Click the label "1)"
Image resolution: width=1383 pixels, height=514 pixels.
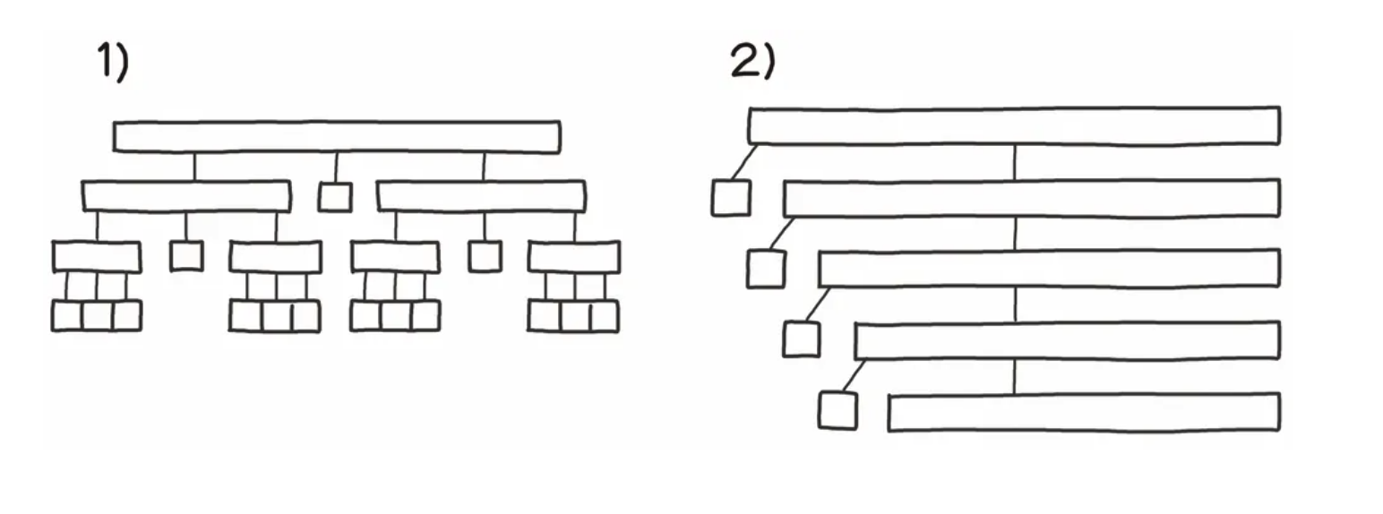point(113,64)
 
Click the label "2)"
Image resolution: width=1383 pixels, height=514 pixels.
point(752,62)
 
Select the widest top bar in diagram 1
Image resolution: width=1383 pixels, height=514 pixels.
point(337,137)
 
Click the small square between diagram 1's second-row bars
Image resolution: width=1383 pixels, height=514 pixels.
point(335,197)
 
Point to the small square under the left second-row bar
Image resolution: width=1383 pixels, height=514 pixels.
point(186,256)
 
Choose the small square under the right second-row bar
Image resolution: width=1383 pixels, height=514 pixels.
point(485,256)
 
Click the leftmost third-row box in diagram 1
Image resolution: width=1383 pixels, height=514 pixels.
point(97,257)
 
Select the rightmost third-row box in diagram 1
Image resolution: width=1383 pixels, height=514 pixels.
point(573,257)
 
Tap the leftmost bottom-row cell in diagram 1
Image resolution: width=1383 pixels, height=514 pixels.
point(67,316)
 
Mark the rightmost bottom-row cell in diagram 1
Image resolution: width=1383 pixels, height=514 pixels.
point(603,316)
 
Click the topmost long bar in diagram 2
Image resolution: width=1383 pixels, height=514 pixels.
point(1013,125)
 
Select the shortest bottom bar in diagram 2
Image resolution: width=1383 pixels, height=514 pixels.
point(1084,412)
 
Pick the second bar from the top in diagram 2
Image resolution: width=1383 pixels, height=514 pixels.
point(1031,198)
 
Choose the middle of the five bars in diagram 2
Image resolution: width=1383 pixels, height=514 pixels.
point(1048,269)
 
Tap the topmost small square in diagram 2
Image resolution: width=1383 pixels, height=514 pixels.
point(731,198)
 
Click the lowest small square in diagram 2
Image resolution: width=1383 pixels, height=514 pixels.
point(838,410)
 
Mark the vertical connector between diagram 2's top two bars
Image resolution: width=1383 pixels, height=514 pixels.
point(1015,162)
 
